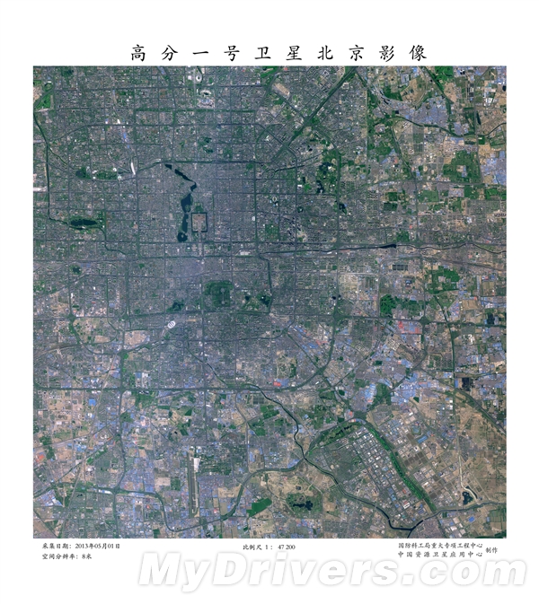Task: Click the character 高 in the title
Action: point(139,52)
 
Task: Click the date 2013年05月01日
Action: point(97,546)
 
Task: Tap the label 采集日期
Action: point(55,546)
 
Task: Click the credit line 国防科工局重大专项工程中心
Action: point(440,545)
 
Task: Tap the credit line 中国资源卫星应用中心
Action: point(440,556)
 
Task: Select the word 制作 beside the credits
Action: point(493,550)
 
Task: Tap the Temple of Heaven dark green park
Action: point(219,294)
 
